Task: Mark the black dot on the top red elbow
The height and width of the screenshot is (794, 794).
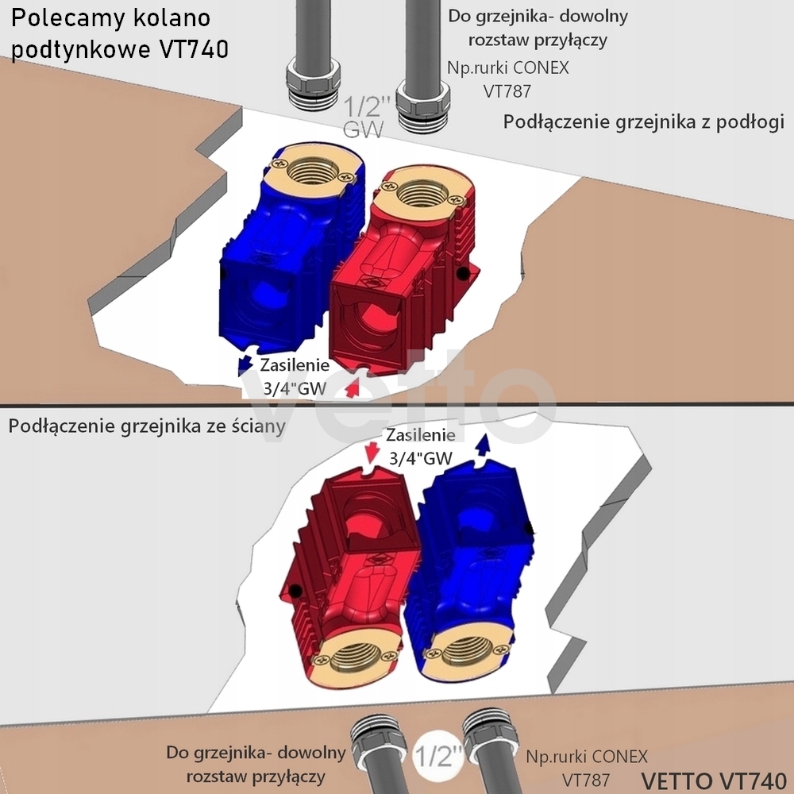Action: pyautogui.click(x=461, y=274)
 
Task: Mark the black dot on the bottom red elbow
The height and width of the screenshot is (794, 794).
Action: pyautogui.click(x=295, y=590)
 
